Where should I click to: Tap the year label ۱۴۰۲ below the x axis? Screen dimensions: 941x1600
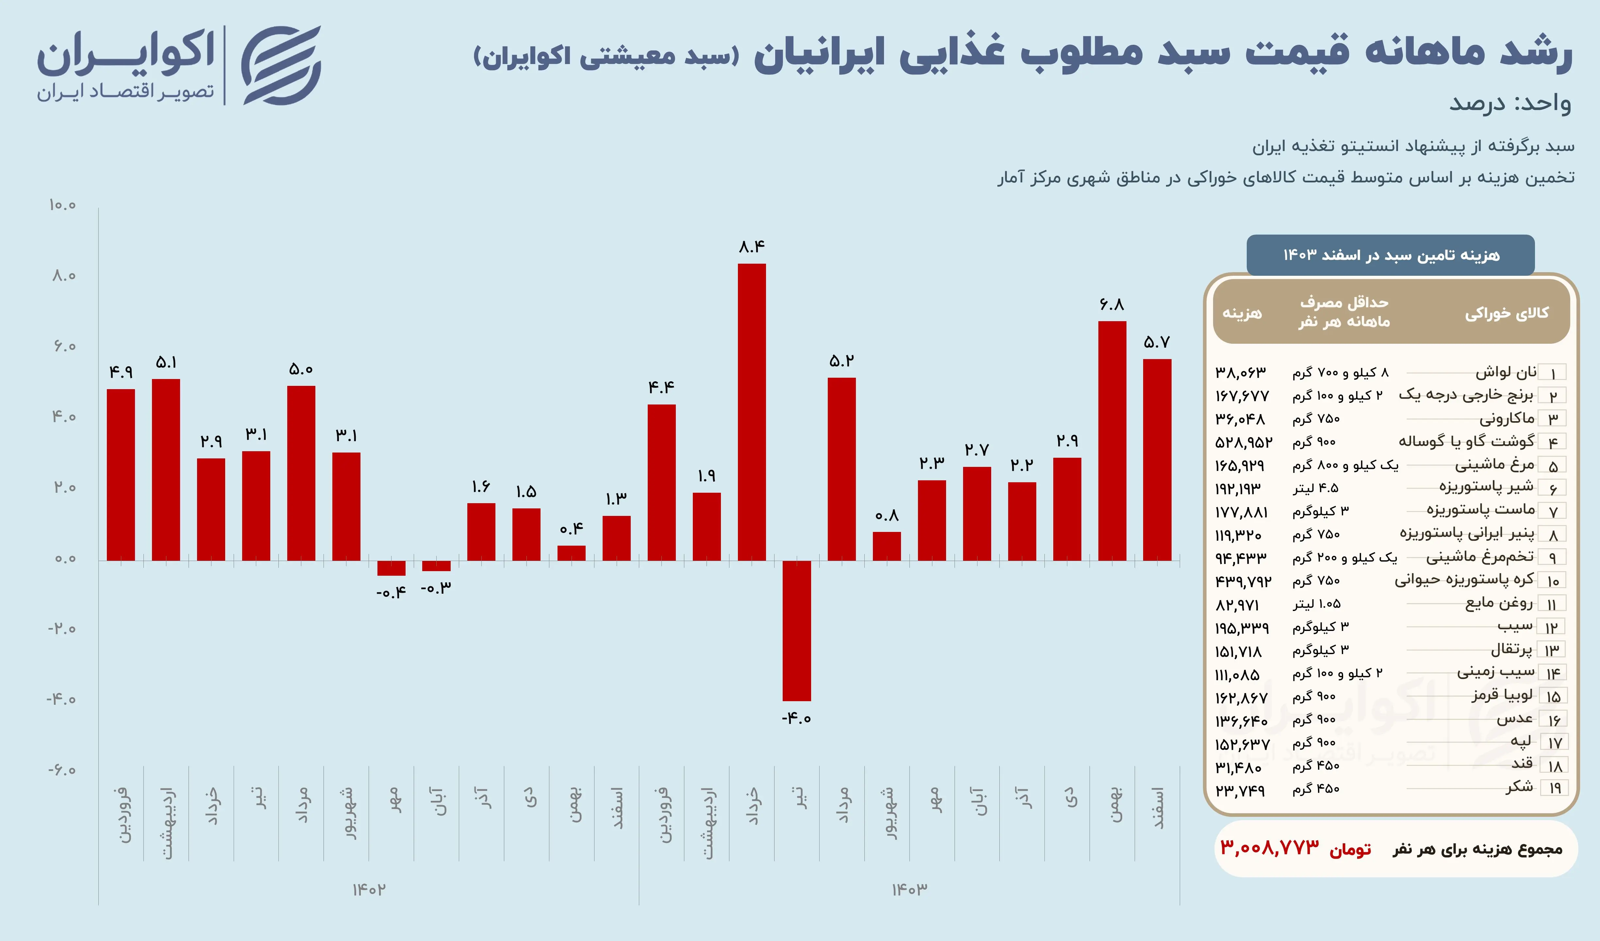[369, 890]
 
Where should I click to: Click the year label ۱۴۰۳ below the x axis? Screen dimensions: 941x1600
[909, 890]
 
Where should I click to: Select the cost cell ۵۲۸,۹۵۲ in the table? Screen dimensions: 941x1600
[1243, 442]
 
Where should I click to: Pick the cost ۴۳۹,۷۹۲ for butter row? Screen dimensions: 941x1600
[1242, 581]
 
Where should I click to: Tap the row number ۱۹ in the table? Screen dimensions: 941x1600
[1554, 789]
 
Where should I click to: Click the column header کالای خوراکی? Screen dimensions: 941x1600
[1506, 313]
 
